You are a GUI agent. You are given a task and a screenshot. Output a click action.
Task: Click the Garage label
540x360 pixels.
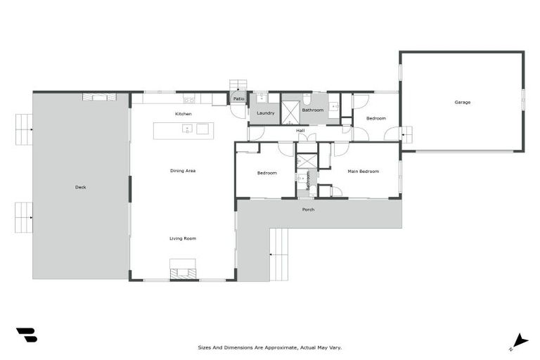point(462,103)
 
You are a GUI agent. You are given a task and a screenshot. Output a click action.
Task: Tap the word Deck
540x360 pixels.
point(80,187)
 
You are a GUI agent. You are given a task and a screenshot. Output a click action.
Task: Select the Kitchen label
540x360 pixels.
point(183,114)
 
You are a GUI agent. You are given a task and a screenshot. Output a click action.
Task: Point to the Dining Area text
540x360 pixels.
point(182,171)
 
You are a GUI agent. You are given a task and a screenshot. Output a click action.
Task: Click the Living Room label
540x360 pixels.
point(182,238)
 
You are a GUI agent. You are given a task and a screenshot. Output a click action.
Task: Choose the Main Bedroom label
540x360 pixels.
point(364,172)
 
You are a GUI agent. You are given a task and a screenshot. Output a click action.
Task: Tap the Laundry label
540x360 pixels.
point(265,113)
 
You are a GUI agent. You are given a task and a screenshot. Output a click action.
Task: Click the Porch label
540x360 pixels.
point(308,210)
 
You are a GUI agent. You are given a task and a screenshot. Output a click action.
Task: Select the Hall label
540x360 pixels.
point(300,131)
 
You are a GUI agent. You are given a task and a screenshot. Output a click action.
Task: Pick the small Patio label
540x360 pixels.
point(239,99)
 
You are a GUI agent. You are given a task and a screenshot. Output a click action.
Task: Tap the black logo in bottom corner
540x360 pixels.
point(27,335)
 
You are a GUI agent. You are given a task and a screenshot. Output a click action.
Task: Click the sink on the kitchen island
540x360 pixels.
point(188,129)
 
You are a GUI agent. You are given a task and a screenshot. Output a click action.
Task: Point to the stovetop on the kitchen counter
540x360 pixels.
point(188,98)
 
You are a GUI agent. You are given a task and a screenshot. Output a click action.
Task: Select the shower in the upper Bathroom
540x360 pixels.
point(290,113)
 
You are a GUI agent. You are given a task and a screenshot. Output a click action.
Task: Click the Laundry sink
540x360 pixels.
point(259,98)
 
